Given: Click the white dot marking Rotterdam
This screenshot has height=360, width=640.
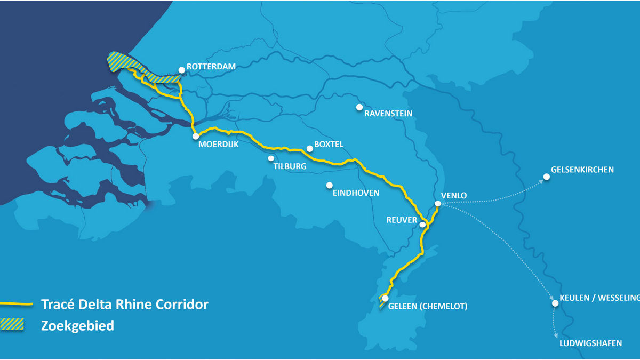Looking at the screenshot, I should coord(182,69).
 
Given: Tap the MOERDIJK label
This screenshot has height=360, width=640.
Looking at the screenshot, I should coord(218,145).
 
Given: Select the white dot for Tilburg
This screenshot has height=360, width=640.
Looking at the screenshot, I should coord(271,158).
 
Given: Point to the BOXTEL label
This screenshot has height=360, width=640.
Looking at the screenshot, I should coord(329,145).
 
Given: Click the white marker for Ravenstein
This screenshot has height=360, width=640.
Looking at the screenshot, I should coord(360,107).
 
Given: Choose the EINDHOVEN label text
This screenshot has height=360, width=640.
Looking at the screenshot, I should coord(356,193).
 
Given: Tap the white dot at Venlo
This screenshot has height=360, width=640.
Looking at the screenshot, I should coord(438,203).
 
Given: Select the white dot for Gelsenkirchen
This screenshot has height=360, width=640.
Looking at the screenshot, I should coord(546,177).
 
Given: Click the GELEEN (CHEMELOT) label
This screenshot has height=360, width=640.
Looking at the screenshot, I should coord(428,306).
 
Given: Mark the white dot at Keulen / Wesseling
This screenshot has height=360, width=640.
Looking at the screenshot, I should coord(555,303).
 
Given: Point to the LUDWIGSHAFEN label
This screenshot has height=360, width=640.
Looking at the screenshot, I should coord(590,343).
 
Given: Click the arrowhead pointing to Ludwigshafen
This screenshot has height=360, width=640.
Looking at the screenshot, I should coord(556,336).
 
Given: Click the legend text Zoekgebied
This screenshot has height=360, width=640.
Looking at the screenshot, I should coord(77,325).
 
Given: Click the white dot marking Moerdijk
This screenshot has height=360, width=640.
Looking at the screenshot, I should coord(196,136).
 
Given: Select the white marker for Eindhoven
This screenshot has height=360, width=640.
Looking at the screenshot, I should coord(330,185).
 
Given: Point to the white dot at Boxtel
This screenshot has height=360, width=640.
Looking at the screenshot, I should coord(309,149).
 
